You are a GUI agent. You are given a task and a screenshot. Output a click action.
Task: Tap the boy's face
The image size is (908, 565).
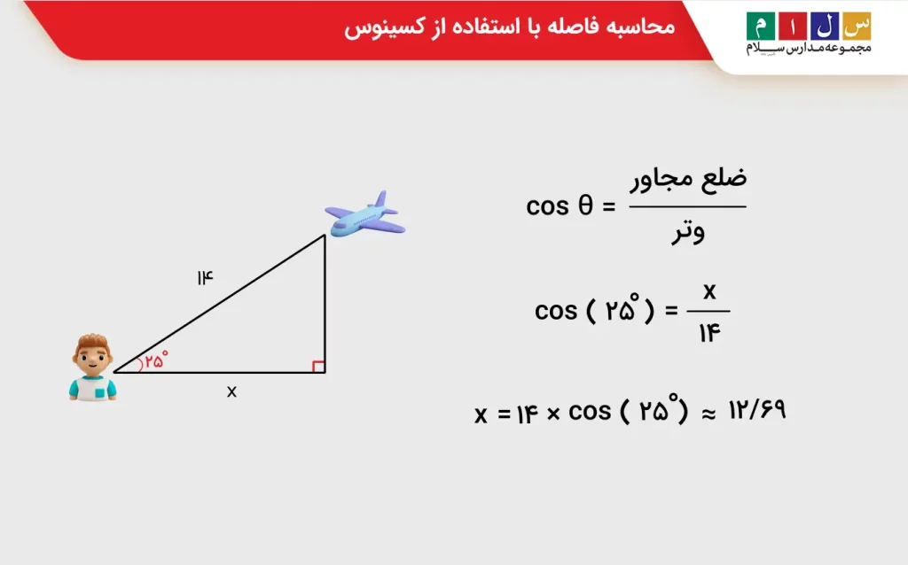(92, 358)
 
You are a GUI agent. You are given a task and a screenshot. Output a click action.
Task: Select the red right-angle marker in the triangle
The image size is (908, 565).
(319, 367)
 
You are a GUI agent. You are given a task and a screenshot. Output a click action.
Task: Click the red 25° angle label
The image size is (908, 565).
(157, 360)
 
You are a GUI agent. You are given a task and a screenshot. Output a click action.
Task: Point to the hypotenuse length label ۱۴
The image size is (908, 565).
(205, 278)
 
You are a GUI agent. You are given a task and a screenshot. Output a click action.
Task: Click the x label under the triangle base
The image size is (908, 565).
(231, 391)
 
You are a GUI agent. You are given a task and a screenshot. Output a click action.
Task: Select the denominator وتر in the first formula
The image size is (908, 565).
(687, 233)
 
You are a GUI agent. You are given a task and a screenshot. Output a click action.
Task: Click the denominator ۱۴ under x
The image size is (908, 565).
(709, 334)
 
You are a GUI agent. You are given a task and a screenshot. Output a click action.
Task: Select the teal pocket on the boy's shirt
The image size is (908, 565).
(110, 387)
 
